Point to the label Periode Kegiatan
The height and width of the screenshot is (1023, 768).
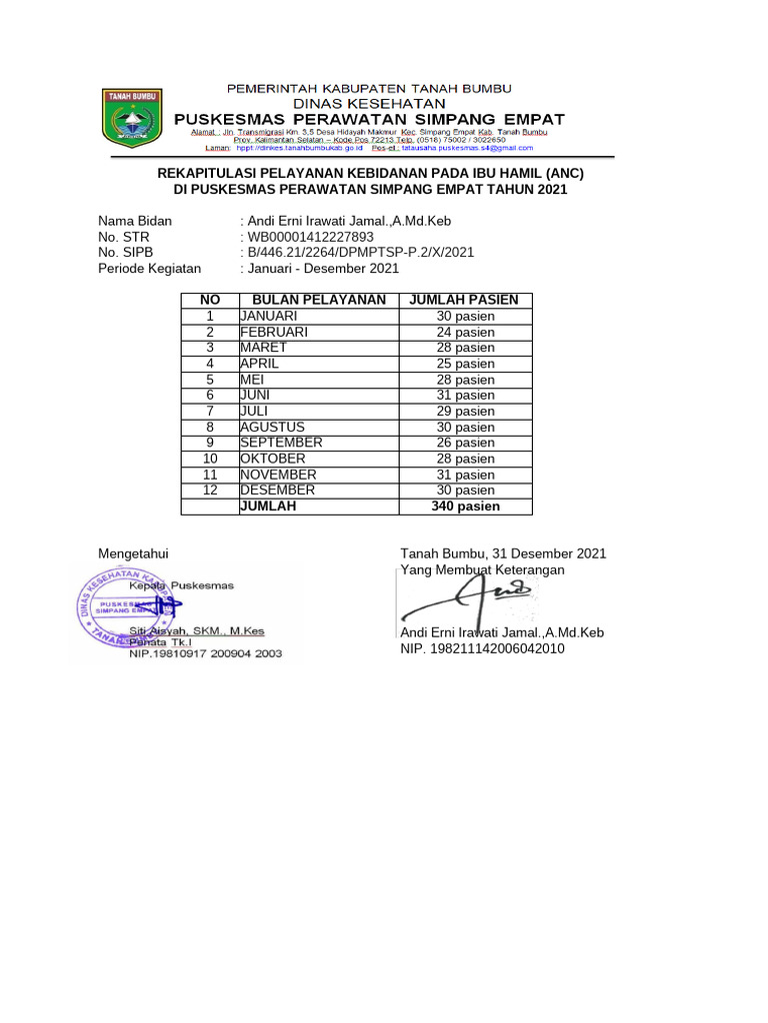[149, 269]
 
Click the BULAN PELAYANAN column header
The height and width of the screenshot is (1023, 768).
[318, 300]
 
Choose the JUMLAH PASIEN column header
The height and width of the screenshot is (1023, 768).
[465, 300]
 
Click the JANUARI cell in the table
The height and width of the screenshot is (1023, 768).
[268, 316]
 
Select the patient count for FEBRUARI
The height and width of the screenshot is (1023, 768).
[465, 332]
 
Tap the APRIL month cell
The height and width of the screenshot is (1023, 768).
[259, 364]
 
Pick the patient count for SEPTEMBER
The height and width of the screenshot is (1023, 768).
[465, 443]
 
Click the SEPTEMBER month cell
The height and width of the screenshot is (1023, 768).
[281, 443]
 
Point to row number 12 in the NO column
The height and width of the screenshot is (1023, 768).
[210, 491]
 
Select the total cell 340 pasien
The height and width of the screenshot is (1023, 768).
[465, 507]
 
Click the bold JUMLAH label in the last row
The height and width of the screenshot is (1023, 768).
[268, 507]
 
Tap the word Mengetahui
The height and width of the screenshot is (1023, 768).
[133, 553]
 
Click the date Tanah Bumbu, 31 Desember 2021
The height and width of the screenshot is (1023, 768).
[503, 553]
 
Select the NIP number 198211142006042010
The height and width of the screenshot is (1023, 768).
[482, 649]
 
